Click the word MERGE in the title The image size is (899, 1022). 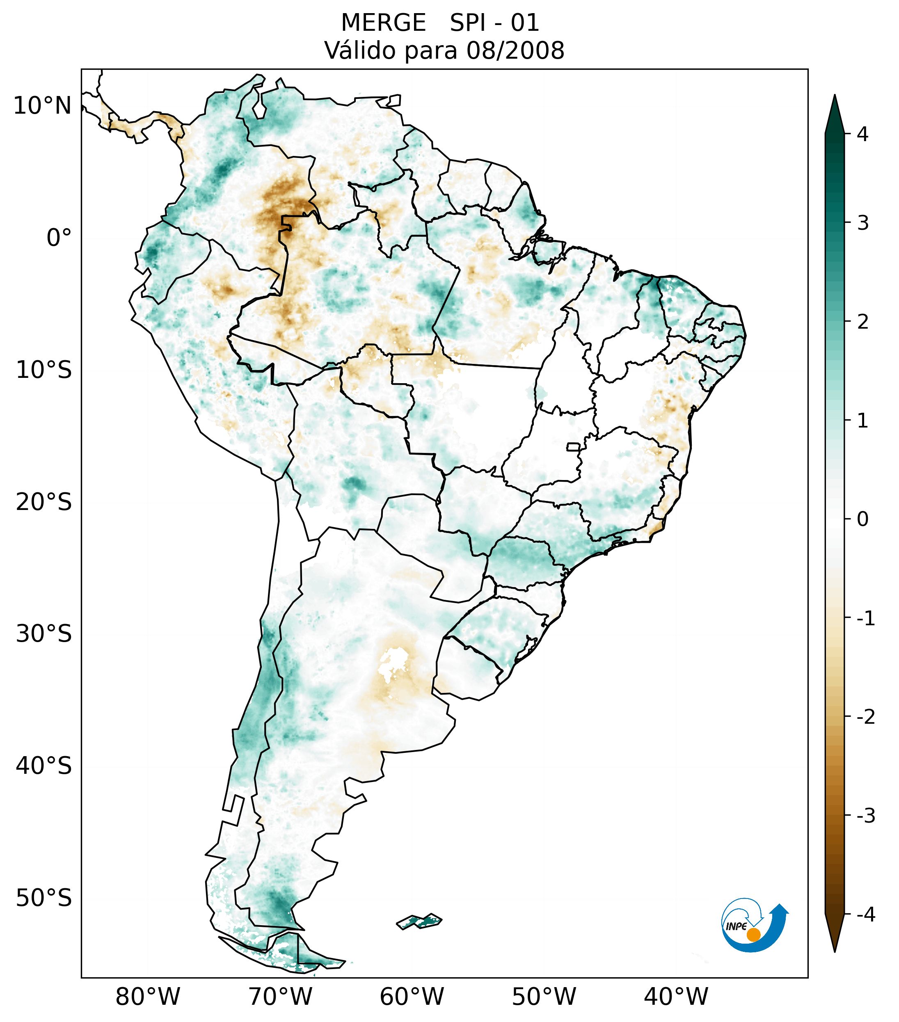tap(384, 23)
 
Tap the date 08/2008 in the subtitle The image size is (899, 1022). tap(515, 50)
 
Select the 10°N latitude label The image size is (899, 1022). tap(43, 106)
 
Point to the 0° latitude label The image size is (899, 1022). tap(59, 238)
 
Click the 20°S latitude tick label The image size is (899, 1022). tap(44, 502)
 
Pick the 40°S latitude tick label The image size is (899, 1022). tap(44, 766)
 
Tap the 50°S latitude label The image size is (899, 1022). tap(44, 899)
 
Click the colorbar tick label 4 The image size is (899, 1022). tap(862, 134)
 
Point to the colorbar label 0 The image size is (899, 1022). tap(862, 519)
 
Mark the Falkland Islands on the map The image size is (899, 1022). tap(419, 921)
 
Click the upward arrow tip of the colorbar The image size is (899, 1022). tap(834, 98)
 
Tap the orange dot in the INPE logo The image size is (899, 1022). tap(753, 935)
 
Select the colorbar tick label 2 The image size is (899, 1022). tap(862, 322)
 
